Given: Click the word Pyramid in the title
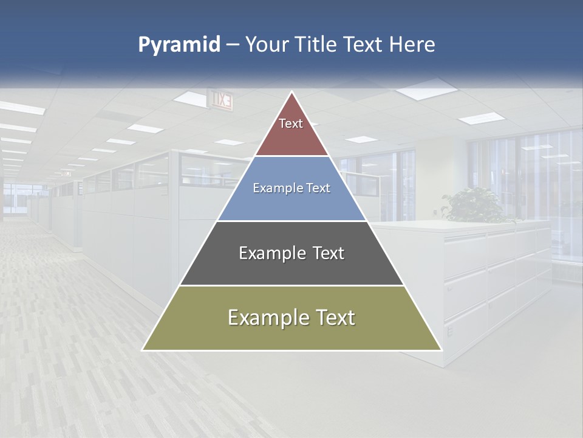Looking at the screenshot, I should (x=179, y=45).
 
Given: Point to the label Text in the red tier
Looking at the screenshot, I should (x=291, y=123).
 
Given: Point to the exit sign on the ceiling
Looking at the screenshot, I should (x=220, y=100).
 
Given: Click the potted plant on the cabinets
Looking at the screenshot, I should (x=474, y=204).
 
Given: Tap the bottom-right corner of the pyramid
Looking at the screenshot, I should (x=441, y=350).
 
